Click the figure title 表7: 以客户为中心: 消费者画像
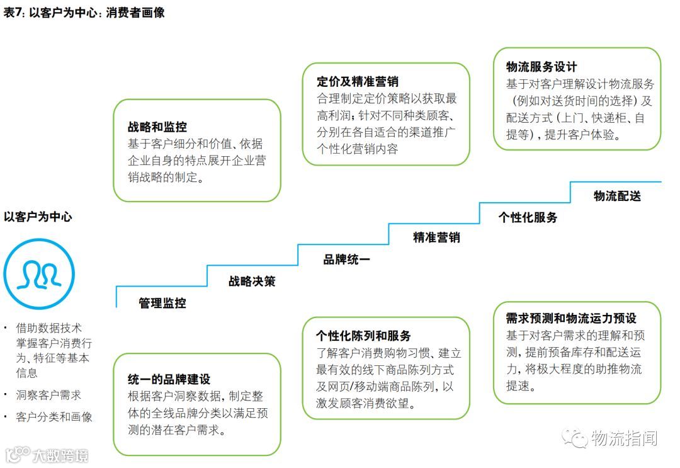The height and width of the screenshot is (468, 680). tap(84, 12)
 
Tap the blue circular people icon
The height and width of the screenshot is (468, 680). tap(39, 273)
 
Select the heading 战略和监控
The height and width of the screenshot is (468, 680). tap(157, 127)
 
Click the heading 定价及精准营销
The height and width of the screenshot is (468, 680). tap(357, 82)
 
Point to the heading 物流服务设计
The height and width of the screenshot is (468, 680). tap(541, 67)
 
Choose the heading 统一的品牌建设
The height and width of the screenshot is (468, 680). tap(169, 379)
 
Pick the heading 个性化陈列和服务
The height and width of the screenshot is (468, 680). tap(363, 336)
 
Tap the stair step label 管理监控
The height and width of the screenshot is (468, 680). tap(162, 303)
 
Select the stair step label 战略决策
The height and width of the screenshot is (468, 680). tap(252, 281)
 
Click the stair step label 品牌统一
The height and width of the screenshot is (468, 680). tap(346, 259)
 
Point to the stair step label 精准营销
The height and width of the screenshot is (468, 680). tap(436, 237)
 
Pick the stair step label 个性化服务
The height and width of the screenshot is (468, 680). tap(528, 217)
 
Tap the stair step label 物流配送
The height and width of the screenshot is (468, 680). tap(617, 196)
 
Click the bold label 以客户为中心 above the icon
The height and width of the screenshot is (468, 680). tap(38, 217)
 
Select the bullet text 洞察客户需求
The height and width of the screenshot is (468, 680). tap(48, 395)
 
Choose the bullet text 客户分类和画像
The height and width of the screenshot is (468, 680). tap(54, 417)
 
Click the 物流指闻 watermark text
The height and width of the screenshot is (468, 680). tap(625, 438)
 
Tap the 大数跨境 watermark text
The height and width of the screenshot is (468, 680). tap(60, 455)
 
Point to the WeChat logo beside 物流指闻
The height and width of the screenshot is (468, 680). tap(574, 437)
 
